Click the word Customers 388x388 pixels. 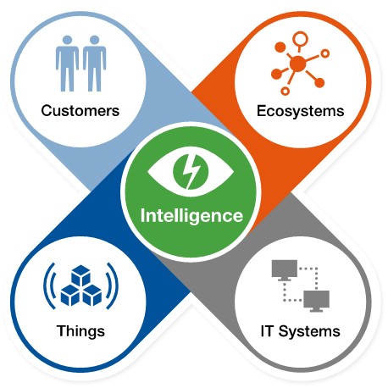(80, 110)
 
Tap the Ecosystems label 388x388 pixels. (300, 111)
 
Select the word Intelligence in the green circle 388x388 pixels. (191, 216)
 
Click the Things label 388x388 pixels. (80, 331)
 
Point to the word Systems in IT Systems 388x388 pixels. (309, 331)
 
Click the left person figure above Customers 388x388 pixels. (67, 64)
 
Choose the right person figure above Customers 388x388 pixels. (94, 64)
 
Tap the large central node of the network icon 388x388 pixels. (297, 64)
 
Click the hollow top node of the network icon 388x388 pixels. (300, 39)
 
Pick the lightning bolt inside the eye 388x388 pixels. (191, 172)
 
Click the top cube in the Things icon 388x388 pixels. (80, 275)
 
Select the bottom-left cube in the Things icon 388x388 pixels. (70, 295)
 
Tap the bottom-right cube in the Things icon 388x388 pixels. (91, 295)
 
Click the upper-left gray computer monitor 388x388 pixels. (285, 269)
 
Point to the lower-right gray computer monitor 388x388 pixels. (316, 301)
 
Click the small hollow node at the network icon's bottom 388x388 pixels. (285, 91)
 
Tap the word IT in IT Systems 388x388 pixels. (267, 331)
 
